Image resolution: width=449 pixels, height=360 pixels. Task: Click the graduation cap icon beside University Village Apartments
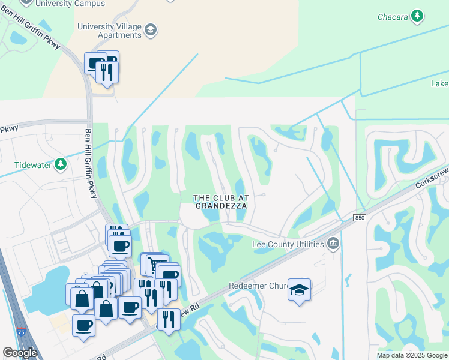pos(151,29)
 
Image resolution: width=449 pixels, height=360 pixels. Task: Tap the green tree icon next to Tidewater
pos(60,164)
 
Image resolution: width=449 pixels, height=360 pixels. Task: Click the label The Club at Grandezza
pos(220,202)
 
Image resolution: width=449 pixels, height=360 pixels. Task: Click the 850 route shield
pos(360,218)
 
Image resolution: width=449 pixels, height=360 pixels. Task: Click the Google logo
pos(20,353)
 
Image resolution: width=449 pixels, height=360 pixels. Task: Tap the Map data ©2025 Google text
pos(411,355)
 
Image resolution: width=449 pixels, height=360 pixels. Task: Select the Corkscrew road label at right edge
pos(432,180)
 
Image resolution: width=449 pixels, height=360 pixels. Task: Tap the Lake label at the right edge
pos(439,84)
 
